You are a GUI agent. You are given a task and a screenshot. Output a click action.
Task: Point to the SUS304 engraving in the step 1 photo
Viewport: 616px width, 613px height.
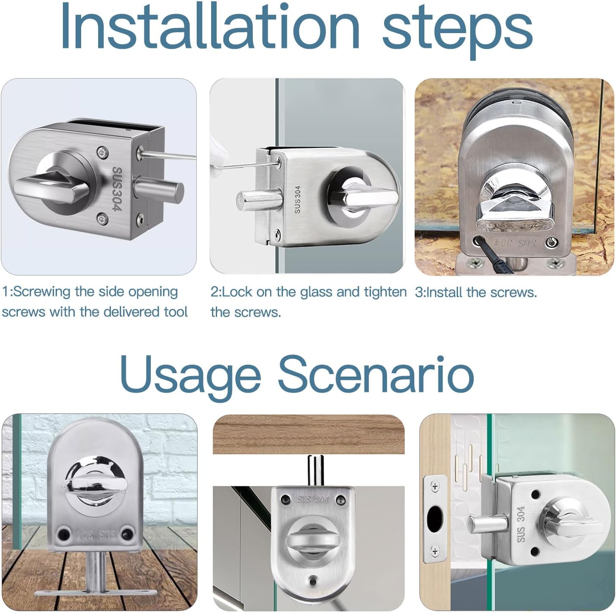pyautogui.click(x=117, y=189)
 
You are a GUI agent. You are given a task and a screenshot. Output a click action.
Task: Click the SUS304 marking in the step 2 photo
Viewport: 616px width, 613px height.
pyautogui.click(x=297, y=200)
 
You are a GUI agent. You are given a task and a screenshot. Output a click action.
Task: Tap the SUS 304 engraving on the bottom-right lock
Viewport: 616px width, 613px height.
pyautogui.click(x=521, y=524)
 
